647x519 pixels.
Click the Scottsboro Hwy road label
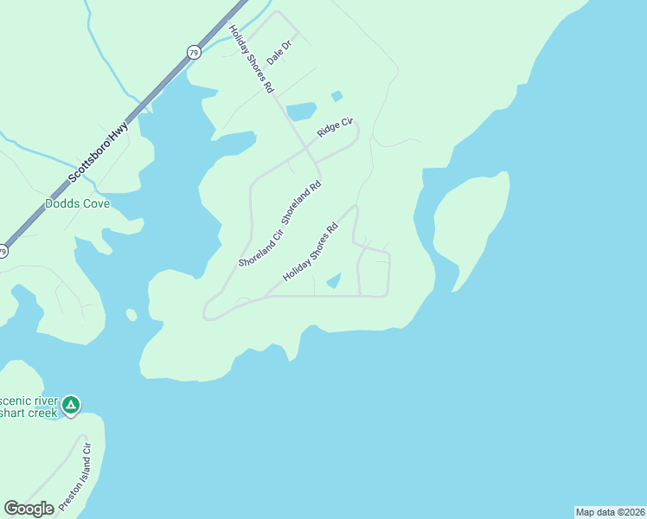(99, 153)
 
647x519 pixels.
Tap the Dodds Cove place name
(77, 204)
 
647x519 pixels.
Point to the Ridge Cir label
(336, 127)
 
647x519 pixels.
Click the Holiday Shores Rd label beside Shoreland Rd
(309, 253)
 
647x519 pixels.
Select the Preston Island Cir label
(74, 476)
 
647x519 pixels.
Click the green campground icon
(71, 404)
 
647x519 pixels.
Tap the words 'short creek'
(29, 413)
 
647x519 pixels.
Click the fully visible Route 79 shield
(192, 53)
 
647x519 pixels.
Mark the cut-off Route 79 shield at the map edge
(3, 252)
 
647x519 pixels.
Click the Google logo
(29, 509)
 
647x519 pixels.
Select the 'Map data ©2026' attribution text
(610, 512)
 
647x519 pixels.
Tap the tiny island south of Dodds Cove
(131, 315)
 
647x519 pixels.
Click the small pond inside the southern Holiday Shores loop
(334, 280)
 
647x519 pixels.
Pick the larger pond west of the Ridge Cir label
(301, 112)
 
